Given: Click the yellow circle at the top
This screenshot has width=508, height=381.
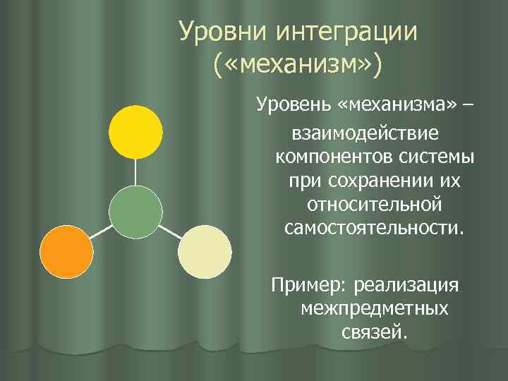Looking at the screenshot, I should [135, 131].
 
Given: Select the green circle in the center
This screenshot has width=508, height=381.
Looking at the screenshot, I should [135, 212].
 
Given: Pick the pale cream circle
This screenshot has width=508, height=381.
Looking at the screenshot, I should [205, 252].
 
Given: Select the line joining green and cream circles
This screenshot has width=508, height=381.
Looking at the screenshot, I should [170, 231].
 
